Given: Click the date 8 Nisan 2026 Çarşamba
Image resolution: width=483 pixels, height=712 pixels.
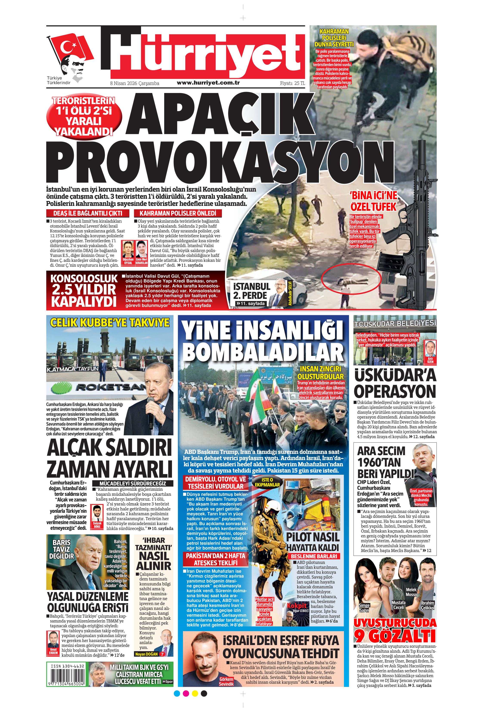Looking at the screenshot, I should coord(135,83).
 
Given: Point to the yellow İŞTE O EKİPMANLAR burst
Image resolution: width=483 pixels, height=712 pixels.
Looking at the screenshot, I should coord(267,482).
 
